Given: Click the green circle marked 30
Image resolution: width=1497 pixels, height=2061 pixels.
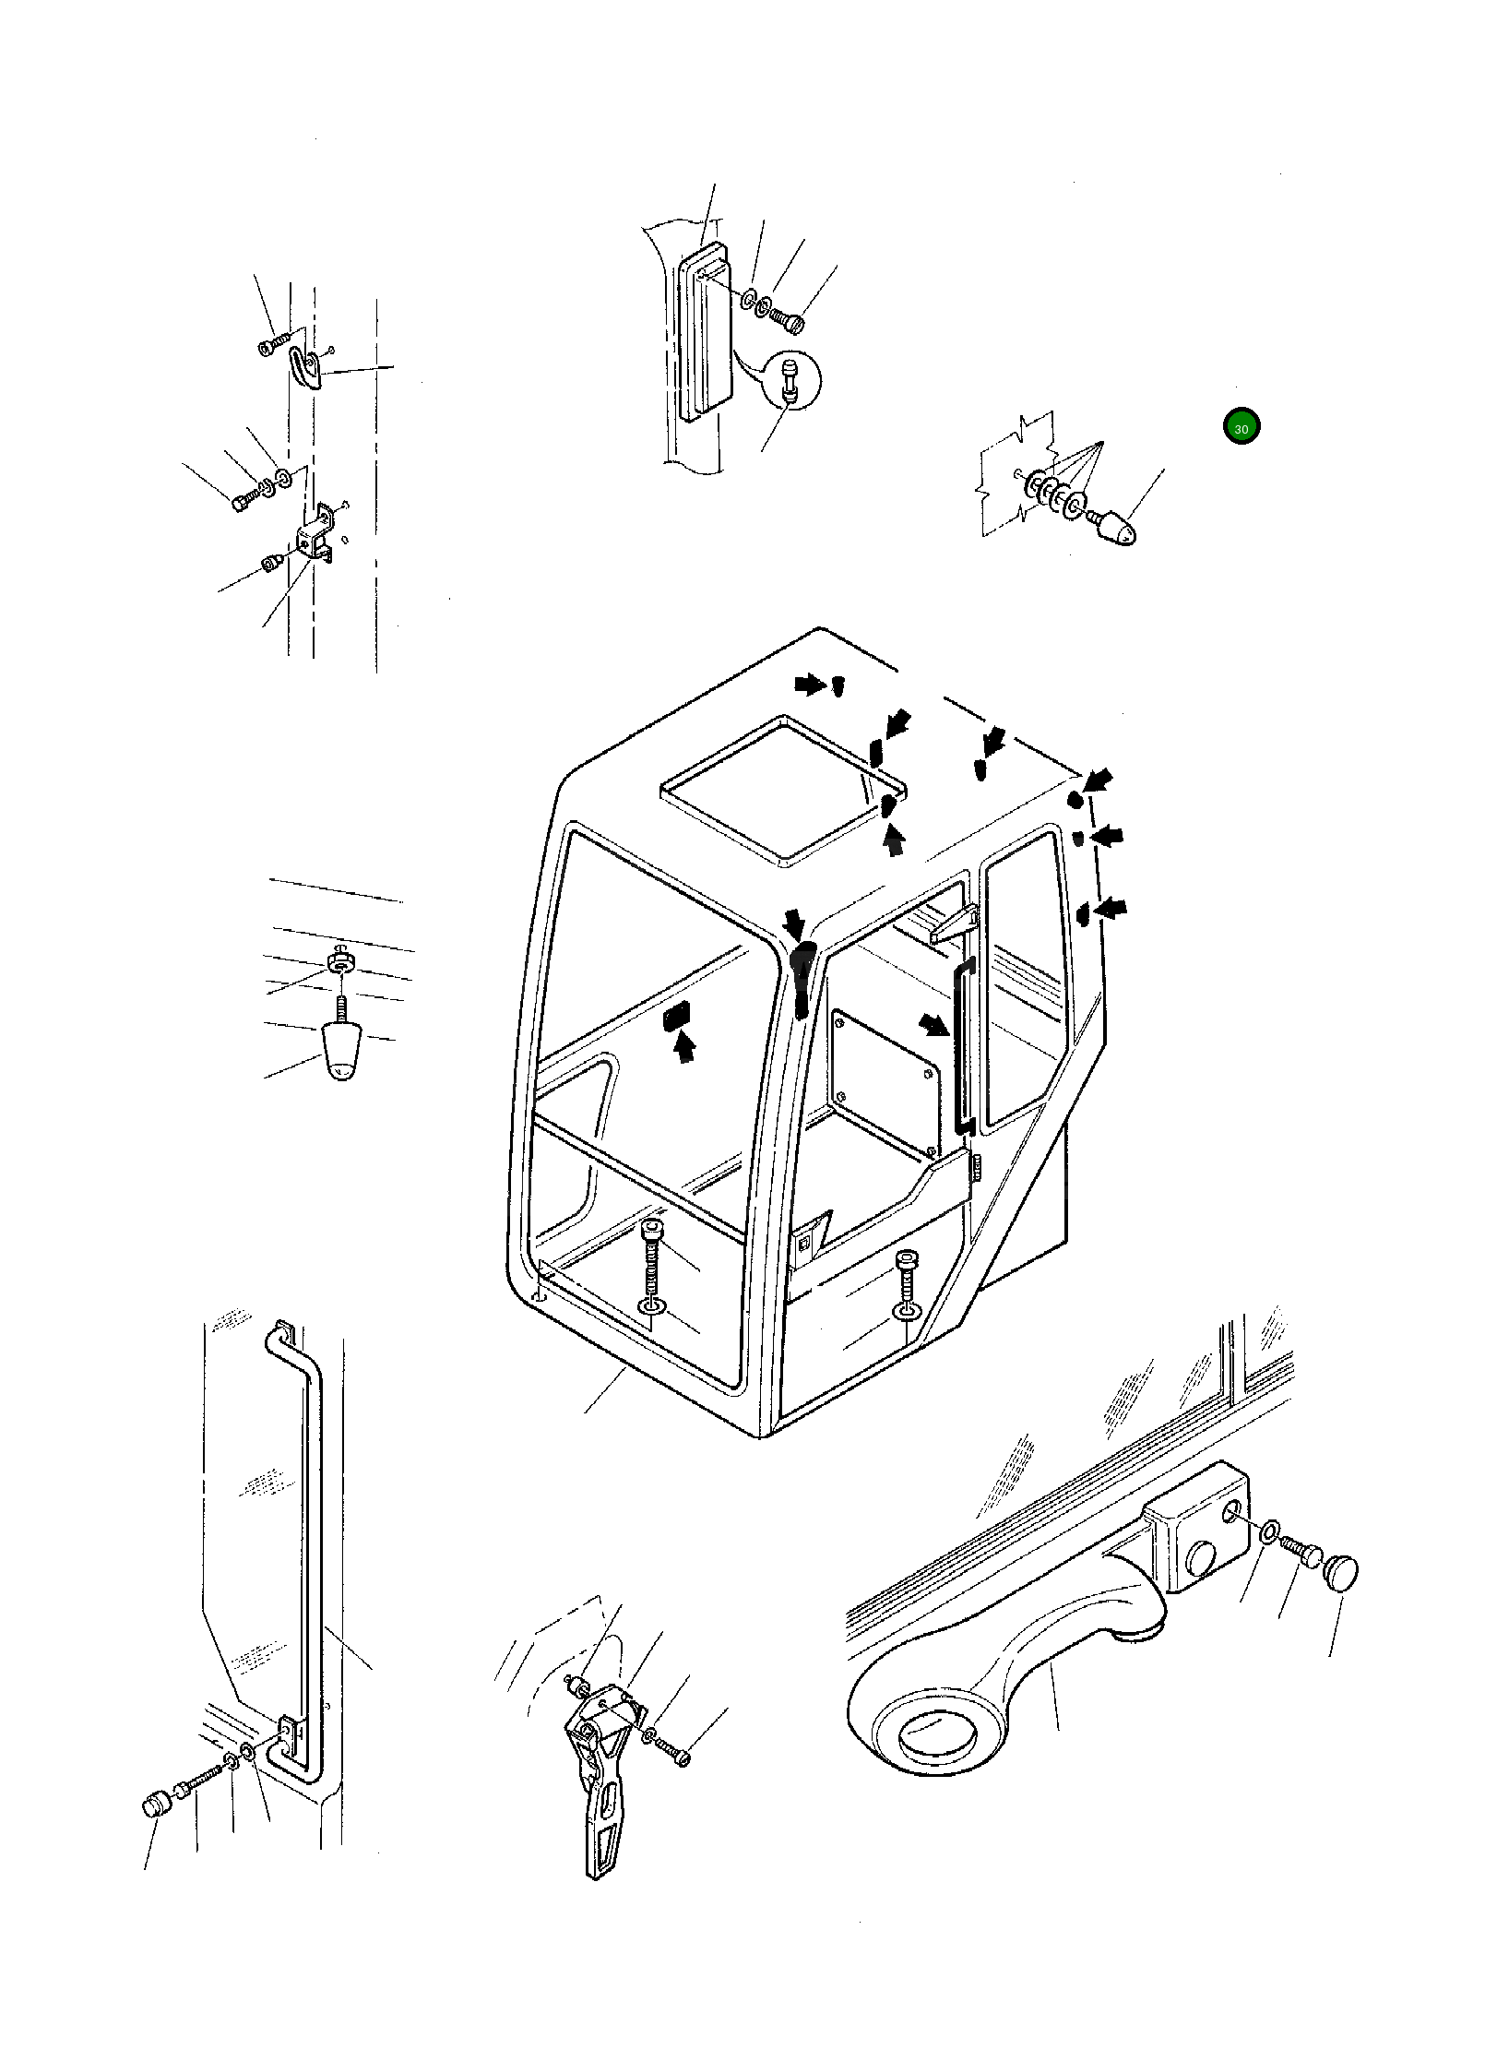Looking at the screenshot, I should [x=1241, y=427].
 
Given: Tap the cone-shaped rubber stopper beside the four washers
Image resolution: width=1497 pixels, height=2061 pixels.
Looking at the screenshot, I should [x=1117, y=526].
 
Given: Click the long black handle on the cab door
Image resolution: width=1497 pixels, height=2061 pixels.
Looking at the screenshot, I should [x=962, y=1047].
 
